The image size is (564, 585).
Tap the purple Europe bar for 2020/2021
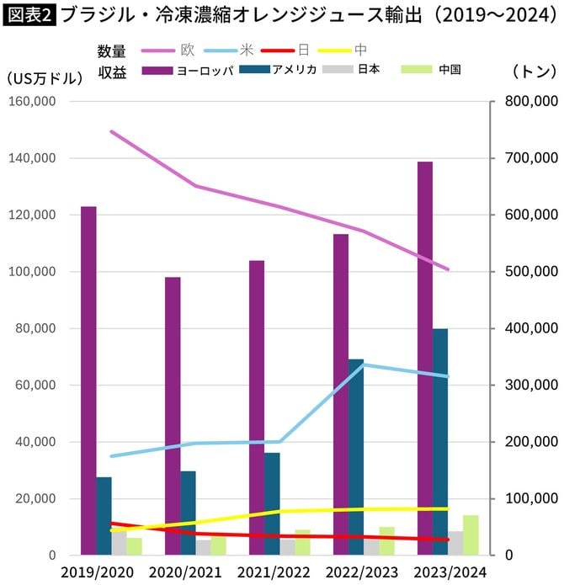tap(173, 416)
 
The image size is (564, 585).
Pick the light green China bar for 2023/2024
tap(471, 535)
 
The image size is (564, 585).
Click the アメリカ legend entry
tap(294, 70)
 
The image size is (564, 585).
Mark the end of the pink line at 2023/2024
tap(448, 270)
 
